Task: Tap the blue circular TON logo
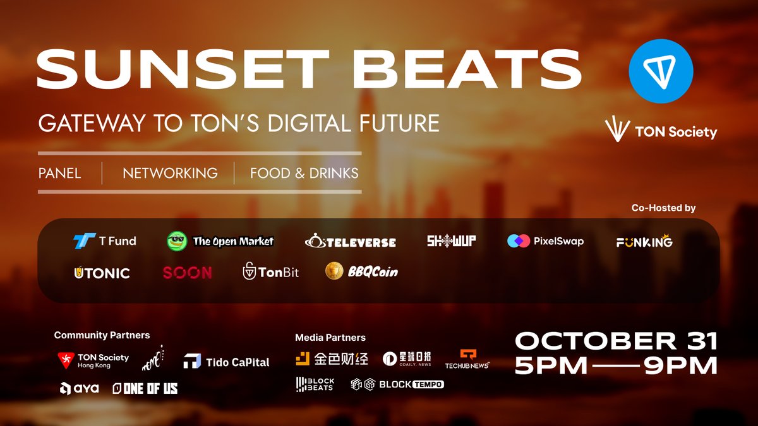[661, 71]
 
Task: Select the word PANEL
[60, 173]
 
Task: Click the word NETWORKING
[170, 173]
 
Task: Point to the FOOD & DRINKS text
[304, 173]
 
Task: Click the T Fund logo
[104, 241]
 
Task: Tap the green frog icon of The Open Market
[177, 241]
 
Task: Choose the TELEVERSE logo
[351, 242]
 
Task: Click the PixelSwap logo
[545, 241]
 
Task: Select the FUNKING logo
[644, 242]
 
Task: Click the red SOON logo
[187, 273]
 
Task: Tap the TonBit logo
[271, 273]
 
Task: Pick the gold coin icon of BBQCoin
[334, 271]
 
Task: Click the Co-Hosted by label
[663, 208]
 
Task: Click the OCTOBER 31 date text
[616, 341]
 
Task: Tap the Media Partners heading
[330, 338]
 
